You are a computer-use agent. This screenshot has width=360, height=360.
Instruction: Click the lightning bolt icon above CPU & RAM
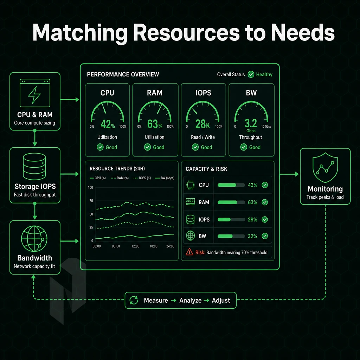tap(34, 95)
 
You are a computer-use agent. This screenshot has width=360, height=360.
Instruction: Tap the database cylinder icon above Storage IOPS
tap(34, 166)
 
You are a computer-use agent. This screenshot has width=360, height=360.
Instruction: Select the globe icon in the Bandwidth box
tap(34, 239)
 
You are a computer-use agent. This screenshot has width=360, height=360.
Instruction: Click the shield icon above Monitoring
tap(325, 168)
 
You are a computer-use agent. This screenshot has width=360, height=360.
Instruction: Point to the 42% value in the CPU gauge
tap(108, 124)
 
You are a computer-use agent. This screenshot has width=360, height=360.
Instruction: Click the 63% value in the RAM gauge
tap(155, 124)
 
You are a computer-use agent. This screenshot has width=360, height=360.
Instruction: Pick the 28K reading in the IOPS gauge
tap(202, 124)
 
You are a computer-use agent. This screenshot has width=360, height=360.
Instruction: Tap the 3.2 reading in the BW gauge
tap(251, 123)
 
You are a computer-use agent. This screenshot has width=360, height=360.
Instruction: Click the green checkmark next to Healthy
tap(251, 75)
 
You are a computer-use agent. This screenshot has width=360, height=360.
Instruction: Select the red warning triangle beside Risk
tap(189, 252)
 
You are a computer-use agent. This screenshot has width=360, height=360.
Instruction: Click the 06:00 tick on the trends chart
tap(116, 246)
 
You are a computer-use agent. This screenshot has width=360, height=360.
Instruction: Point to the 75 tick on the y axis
tap(91, 201)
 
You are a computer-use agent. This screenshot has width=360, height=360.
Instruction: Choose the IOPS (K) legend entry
tap(142, 178)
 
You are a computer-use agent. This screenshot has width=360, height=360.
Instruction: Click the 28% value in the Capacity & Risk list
tap(252, 219)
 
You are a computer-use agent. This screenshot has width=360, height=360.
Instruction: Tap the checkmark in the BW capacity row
tap(265, 236)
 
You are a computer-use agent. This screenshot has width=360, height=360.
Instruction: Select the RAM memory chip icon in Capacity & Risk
tap(190, 202)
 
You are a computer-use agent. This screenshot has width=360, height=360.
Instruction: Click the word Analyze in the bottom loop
tap(190, 300)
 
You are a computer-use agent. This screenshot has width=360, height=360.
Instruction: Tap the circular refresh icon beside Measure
tap(134, 300)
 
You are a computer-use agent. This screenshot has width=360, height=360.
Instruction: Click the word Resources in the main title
tap(186, 32)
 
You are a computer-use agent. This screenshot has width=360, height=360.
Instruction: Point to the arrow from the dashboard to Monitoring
tap(289, 174)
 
